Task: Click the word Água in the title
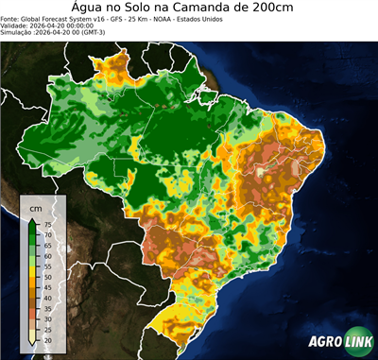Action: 93,7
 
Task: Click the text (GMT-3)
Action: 122,33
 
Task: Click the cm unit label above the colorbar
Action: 35,207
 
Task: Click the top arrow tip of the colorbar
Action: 33,218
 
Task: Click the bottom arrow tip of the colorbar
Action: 33,345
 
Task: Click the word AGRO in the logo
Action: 324,343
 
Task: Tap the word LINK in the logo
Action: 357,343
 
